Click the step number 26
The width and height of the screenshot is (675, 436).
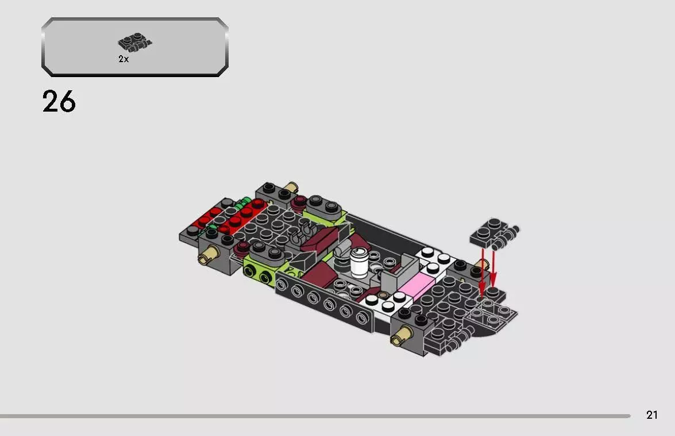(x=59, y=102)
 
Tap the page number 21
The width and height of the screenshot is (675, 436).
(x=651, y=415)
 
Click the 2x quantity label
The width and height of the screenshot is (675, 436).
(x=124, y=59)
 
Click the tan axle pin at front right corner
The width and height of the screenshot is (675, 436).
(x=400, y=336)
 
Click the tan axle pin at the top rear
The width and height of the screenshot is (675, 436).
(x=292, y=188)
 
